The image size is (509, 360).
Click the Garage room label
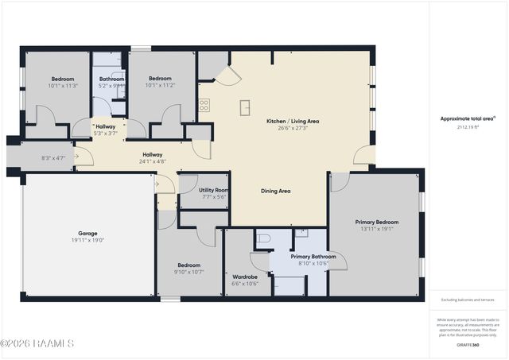tap(87, 234)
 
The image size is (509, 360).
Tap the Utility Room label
tap(214, 191)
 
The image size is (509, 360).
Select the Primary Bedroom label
tap(376, 222)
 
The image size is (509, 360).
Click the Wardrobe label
tap(244, 254)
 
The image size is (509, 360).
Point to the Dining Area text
tap(276, 191)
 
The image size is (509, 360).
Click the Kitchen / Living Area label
tap(293, 121)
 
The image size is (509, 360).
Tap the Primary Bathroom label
tap(313, 257)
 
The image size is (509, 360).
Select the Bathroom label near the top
tap(112, 79)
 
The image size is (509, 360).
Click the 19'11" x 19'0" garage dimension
tap(87, 240)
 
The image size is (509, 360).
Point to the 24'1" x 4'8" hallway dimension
tap(153, 161)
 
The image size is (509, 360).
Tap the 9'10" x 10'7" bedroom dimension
tap(189, 272)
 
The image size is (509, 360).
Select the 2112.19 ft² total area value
tap(468, 126)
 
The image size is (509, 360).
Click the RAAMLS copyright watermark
tap(37, 343)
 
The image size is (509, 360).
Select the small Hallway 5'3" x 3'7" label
tap(106, 130)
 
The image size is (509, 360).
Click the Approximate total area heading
tap(468, 119)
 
